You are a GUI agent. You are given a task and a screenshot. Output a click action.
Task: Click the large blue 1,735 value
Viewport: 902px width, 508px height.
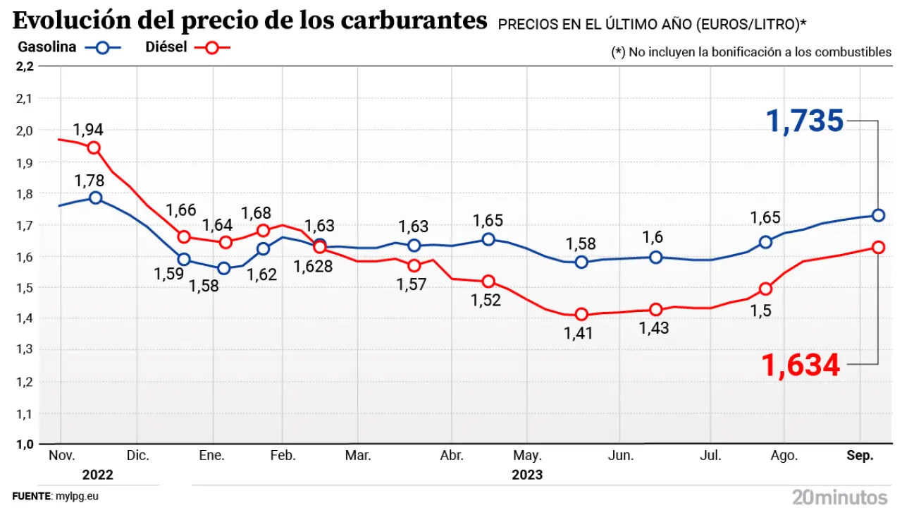(x=804, y=121)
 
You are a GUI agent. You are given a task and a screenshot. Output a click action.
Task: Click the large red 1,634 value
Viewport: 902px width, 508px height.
(x=801, y=365)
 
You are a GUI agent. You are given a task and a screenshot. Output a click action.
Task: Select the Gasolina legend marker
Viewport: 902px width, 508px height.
(x=103, y=48)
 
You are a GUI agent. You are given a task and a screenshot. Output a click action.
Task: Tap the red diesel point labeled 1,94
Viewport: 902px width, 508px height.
(x=94, y=147)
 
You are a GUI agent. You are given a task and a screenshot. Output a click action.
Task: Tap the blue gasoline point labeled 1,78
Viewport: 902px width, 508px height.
(x=96, y=198)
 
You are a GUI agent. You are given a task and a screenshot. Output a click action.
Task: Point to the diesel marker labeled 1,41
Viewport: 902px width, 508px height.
(x=581, y=314)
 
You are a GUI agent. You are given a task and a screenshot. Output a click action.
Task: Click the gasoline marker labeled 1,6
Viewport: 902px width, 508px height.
(x=656, y=257)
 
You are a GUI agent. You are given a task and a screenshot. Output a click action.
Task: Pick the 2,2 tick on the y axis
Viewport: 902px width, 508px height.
(x=24, y=66)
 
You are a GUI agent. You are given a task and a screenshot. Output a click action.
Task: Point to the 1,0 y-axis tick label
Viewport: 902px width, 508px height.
(x=24, y=444)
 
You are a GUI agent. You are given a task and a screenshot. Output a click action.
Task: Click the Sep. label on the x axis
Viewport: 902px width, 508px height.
(x=860, y=456)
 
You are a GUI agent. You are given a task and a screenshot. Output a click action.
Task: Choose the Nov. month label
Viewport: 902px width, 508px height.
(x=62, y=456)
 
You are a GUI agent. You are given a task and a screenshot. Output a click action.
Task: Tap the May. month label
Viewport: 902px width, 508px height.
(x=531, y=456)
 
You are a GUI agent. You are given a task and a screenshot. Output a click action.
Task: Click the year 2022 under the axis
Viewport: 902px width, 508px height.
(x=97, y=474)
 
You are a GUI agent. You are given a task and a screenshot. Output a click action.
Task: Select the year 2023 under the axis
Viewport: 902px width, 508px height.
(x=527, y=474)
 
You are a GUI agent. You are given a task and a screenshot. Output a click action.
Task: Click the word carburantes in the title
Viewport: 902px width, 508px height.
(x=414, y=21)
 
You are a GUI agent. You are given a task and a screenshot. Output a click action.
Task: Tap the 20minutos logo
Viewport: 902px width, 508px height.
(x=839, y=496)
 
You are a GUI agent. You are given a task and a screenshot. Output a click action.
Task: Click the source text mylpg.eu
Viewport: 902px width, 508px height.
(x=77, y=496)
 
